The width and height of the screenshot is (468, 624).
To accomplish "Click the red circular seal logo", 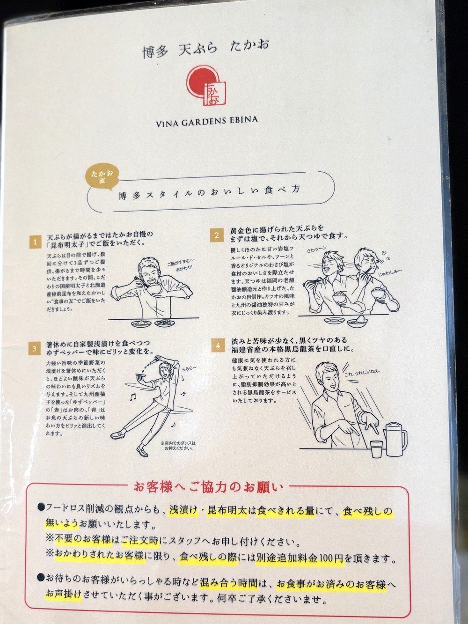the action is [206, 86].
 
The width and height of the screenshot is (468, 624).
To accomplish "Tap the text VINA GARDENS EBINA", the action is [206, 121].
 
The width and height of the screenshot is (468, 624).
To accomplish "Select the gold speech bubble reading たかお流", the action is [102, 177].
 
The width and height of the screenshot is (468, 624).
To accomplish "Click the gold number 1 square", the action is [35, 242].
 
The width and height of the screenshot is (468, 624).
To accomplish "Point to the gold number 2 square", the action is [217, 235].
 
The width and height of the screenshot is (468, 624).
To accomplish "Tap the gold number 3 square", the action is [35, 349].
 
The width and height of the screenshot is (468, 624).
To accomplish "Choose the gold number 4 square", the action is [218, 345].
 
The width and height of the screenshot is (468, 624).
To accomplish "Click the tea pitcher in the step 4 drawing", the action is [395, 439].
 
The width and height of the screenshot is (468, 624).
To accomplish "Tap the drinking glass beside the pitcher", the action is [376, 449].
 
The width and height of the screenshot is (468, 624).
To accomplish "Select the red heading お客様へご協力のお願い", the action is [209, 487].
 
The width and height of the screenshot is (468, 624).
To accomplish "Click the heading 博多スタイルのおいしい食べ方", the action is [209, 193].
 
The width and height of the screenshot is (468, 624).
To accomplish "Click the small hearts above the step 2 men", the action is [386, 256].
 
